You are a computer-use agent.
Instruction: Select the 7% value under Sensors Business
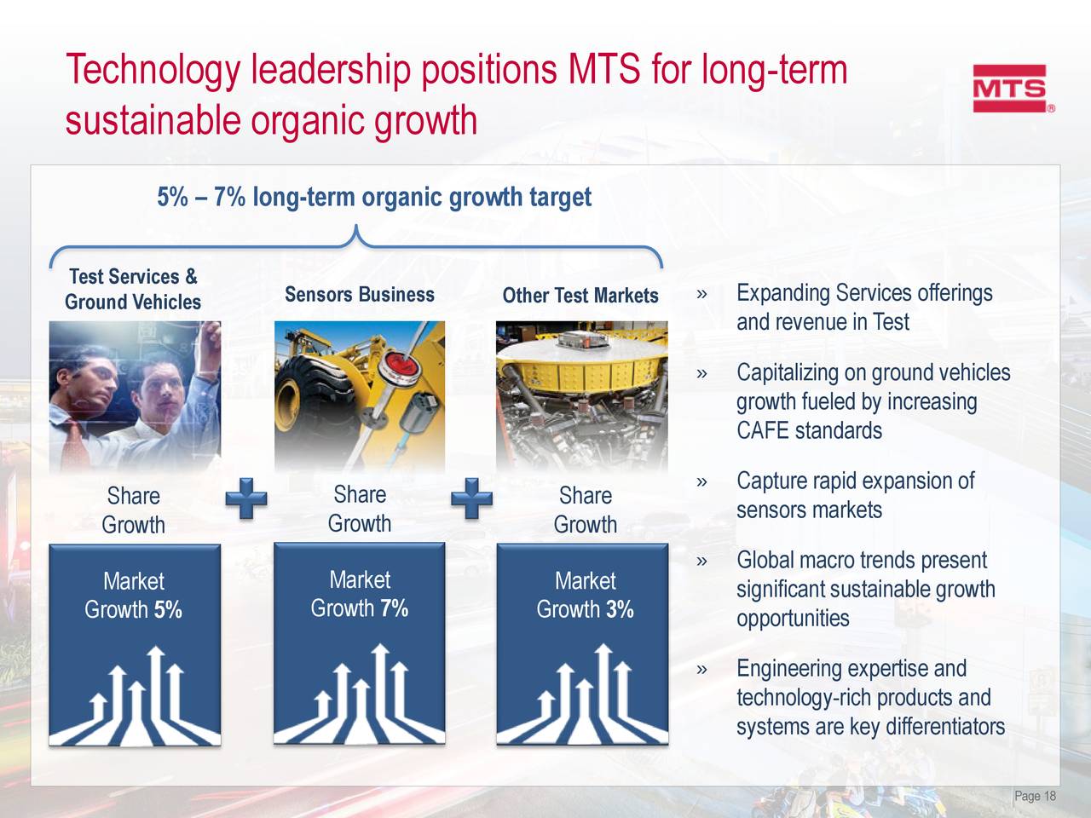click(x=394, y=608)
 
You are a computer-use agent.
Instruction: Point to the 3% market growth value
click(x=620, y=609)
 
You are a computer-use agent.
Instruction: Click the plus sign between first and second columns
click(x=246, y=498)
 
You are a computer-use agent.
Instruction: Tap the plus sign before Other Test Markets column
click(x=471, y=498)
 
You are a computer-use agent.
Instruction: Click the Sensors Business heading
click(x=359, y=295)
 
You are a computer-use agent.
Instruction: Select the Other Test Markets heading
click(x=580, y=296)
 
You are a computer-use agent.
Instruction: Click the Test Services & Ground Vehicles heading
click(x=133, y=289)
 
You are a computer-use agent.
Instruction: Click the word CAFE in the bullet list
click(x=762, y=430)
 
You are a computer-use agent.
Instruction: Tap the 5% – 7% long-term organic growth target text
click(x=373, y=198)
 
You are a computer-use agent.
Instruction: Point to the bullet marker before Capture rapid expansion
click(x=701, y=482)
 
